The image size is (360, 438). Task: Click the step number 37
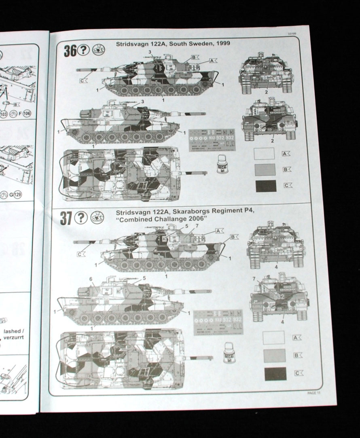[x=66, y=218]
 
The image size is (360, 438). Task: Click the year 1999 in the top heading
[x=222, y=43]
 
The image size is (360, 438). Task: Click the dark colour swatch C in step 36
[x=266, y=186]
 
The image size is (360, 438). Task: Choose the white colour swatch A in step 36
[x=264, y=154]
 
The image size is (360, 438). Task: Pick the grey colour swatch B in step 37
[x=274, y=355]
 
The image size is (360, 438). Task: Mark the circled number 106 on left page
[x=27, y=112]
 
